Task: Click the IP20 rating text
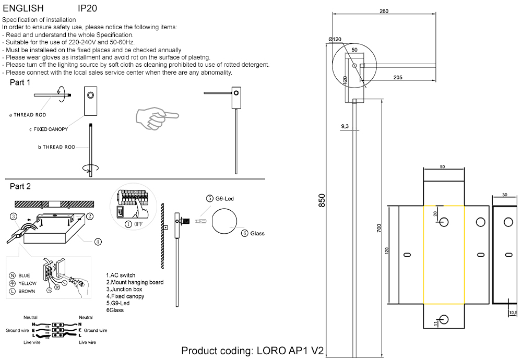tap(87, 9)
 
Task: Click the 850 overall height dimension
tap(322, 200)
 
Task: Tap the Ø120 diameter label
tap(335, 39)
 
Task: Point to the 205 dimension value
tap(398, 77)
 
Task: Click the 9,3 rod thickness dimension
tap(345, 126)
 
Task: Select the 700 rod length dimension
tap(379, 227)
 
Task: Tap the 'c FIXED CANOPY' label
tap(48, 129)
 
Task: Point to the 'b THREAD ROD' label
tap(57, 147)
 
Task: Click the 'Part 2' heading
tap(20, 186)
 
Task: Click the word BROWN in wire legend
tap(27, 291)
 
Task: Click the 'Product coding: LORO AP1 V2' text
tap(253, 351)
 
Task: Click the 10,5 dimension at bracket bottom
tap(513, 313)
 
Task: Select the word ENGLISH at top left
tap(23, 9)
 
